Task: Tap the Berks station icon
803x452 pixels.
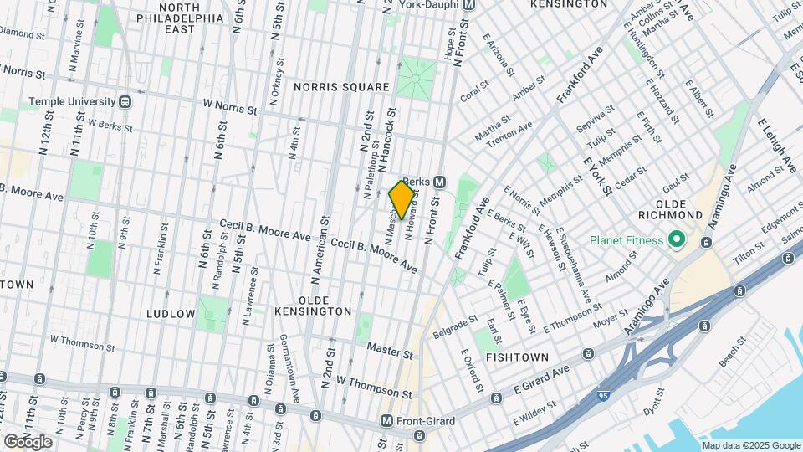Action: click(x=439, y=182)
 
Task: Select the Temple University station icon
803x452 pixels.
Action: click(x=125, y=101)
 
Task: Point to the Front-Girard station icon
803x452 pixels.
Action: click(x=386, y=421)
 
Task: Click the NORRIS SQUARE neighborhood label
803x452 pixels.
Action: click(x=341, y=87)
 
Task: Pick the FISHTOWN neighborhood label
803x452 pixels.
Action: click(x=517, y=357)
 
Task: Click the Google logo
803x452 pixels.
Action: click(x=28, y=441)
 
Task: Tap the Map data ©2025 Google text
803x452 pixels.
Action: click(x=750, y=445)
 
